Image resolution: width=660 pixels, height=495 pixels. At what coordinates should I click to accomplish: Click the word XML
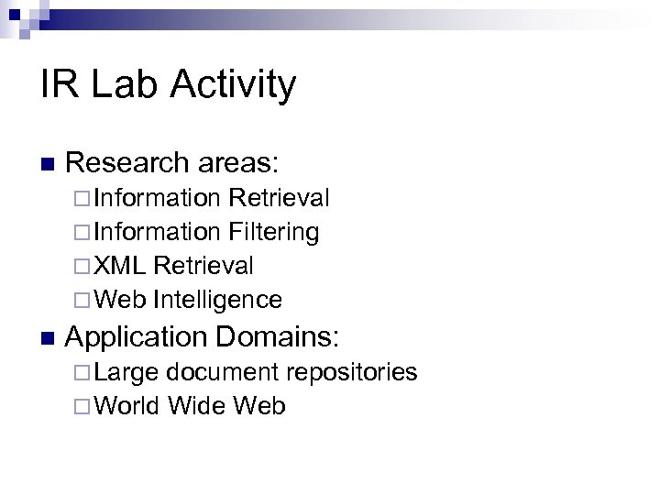click(x=120, y=266)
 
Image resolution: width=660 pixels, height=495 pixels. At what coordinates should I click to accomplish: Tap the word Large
click(x=126, y=372)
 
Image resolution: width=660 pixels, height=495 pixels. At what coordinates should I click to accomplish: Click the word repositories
click(x=352, y=372)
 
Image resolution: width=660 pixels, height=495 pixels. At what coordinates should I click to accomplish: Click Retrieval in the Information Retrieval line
click(x=280, y=198)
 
